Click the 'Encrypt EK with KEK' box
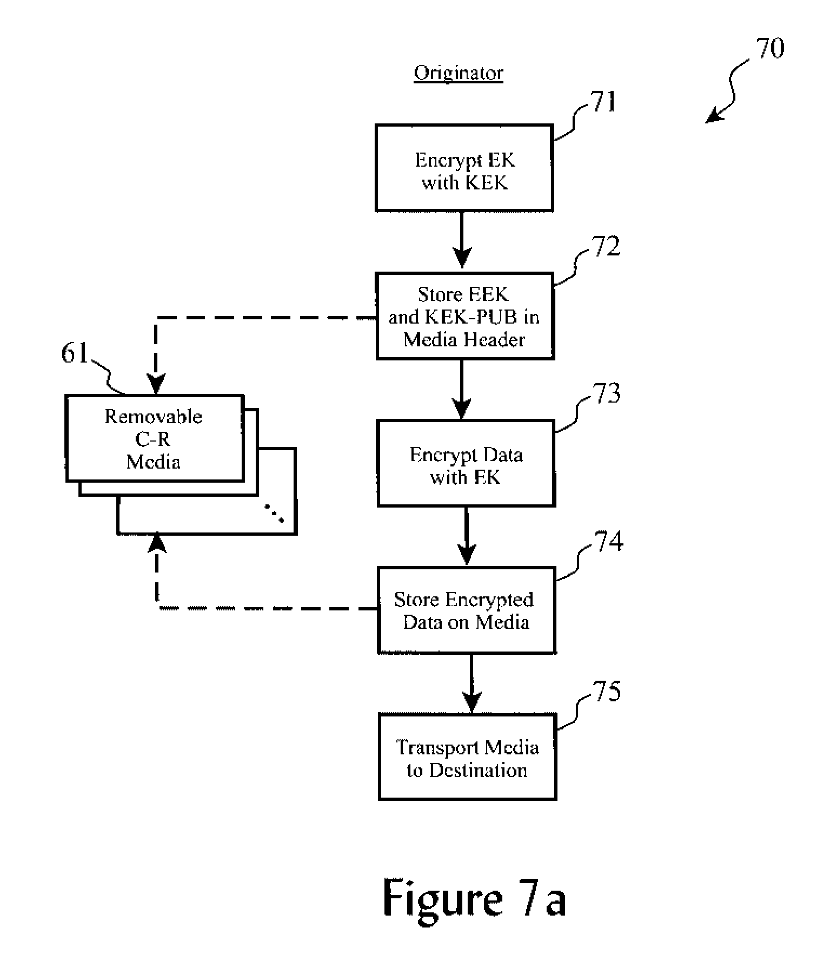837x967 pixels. coord(464,168)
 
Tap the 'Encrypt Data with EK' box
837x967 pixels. coord(466,464)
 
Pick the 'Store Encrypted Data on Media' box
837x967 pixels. coord(466,610)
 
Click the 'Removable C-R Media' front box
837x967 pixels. coord(154,438)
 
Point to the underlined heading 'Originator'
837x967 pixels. coord(459,73)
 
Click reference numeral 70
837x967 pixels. coord(770,49)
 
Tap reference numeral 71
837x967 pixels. coord(603,102)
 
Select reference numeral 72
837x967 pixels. coord(606,247)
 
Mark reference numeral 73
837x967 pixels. coord(607,393)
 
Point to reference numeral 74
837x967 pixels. coord(608,541)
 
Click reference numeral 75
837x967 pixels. coord(607,692)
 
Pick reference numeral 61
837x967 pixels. coord(75,354)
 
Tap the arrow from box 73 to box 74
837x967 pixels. coord(466,537)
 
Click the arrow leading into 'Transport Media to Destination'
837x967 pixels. coord(471,685)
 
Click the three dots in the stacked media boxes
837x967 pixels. coord(274,513)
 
